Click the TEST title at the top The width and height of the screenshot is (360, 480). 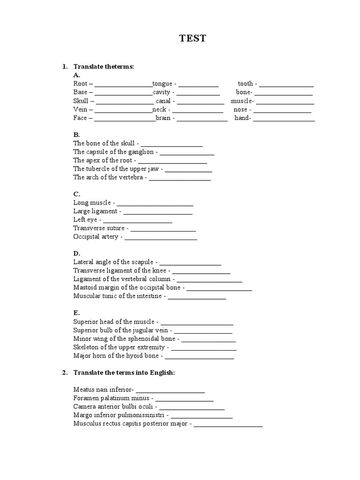(x=192, y=39)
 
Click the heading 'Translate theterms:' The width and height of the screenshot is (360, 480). (x=104, y=67)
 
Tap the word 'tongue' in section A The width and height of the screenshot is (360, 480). (x=162, y=84)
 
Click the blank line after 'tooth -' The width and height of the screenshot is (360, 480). (x=286, y=85)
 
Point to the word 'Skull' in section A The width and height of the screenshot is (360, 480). (x=81, y=101)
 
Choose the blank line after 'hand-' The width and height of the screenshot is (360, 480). (x=284, y=119)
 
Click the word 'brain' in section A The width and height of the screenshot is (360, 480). (x=163, y=118)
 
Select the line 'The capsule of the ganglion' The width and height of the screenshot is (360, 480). (x=113, y=152)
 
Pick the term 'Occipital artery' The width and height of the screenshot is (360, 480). (x=96, y=237)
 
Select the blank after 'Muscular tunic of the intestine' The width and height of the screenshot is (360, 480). (x=197, y=297)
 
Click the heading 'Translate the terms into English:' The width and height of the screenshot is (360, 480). (x=124, y=372)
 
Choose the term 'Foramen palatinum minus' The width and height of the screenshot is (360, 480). (x=109, y=398)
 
